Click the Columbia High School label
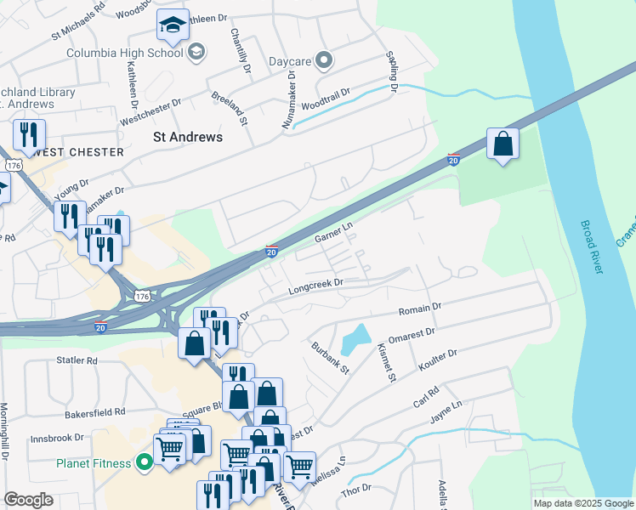125,53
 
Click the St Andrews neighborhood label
187,137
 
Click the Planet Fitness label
94,463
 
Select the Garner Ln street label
333,232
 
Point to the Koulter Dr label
437,357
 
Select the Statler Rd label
77,360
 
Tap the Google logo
29,500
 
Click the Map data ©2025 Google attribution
582,503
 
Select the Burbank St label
330,358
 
